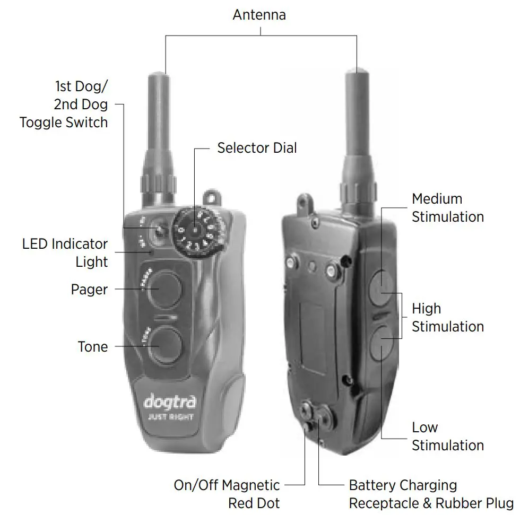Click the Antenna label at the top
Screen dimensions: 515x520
click(259, 14)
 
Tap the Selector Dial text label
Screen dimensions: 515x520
click(257, 147)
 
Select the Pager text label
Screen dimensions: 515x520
click(89, 290)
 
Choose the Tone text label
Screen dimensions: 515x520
click(93, 347)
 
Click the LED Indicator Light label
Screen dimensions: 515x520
click(65, 253)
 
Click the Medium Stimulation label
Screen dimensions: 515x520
click(448, 208)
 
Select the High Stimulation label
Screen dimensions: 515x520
click(448, 317)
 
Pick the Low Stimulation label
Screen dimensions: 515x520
click(448, 436)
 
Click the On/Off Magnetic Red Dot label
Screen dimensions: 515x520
click(227, 494)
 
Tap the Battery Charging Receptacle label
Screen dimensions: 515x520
click(430, 494)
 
